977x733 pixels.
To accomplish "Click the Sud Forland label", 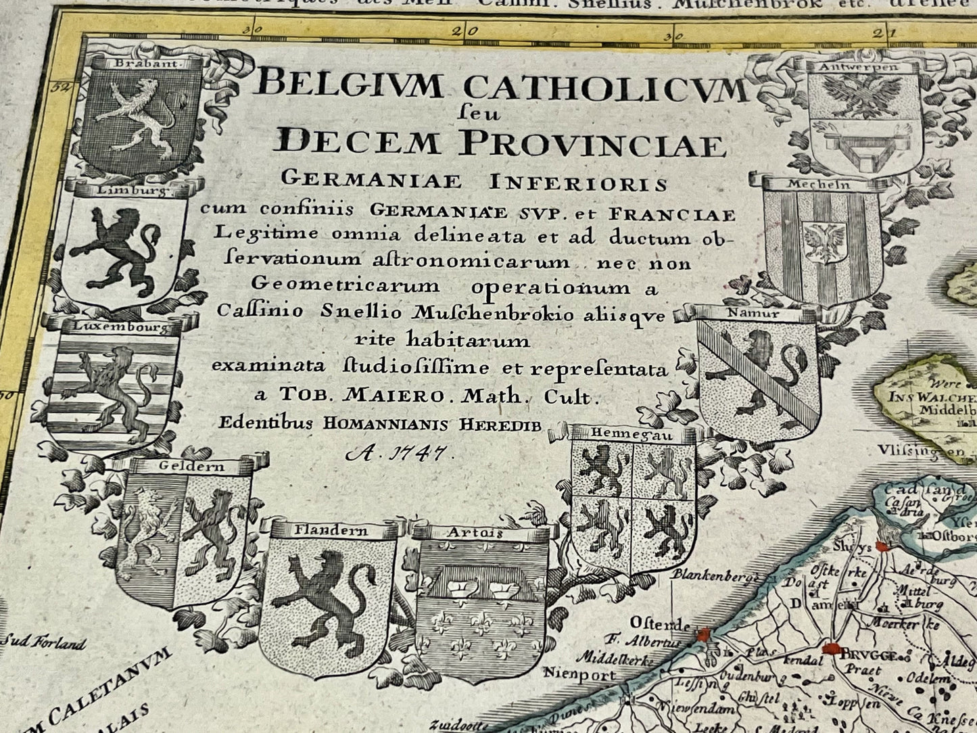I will (43, 643).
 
